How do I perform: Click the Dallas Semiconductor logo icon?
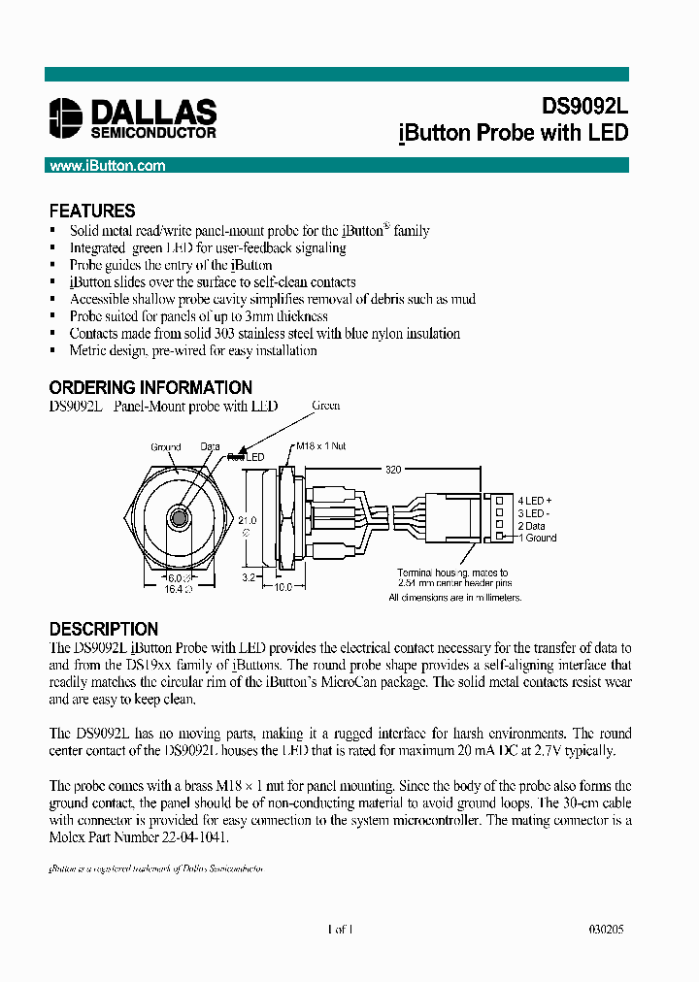(x=66, y=118)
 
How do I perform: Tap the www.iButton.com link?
(x=107, y=166)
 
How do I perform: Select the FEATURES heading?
(x=92, y=211)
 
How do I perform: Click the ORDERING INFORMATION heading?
(x=150, y=387)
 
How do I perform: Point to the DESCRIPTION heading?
(x=103, y=629)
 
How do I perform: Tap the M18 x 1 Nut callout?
(x=319, y=447)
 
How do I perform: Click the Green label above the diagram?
(x=326, y=406)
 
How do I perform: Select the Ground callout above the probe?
(x=166, y=447)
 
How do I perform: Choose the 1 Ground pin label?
(x=537, y=538)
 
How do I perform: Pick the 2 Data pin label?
(x=535, y=525)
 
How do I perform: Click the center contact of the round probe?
(x=179, y=518)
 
